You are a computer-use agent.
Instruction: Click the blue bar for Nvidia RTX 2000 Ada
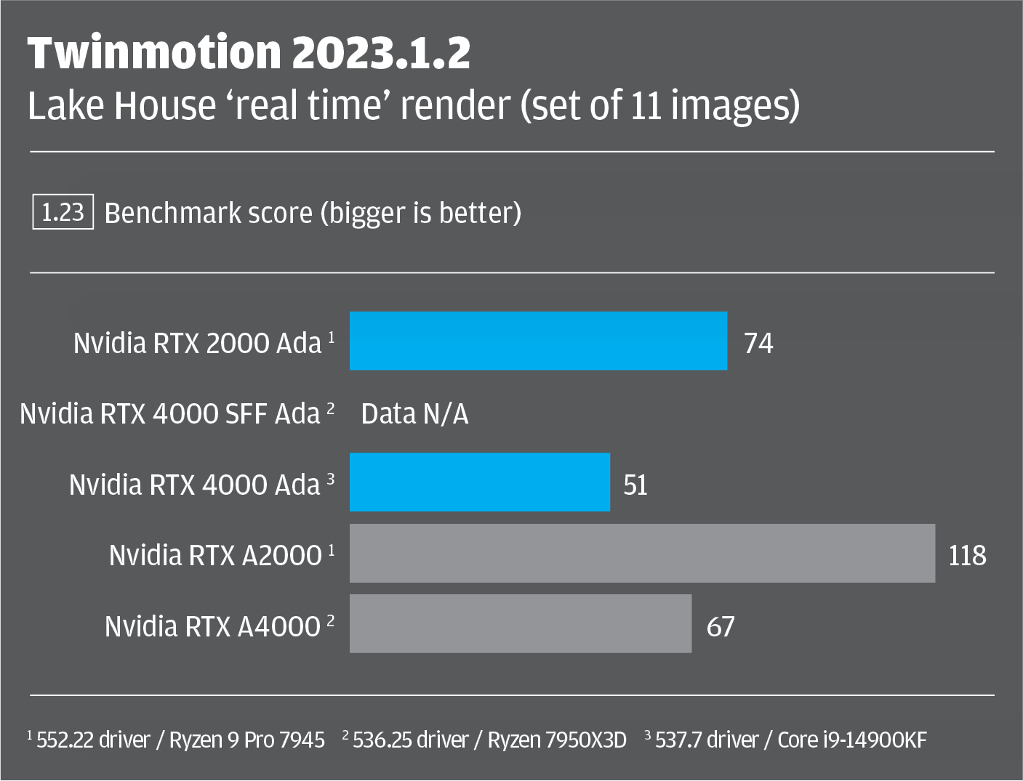(x=538, y=341)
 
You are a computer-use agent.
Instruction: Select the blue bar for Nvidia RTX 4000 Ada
(x=480, y=482)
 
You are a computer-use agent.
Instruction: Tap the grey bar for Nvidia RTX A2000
(x=642, y=553)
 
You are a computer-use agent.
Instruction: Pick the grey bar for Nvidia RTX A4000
(x=521, y=623)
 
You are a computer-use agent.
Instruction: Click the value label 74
(x=758, y=343)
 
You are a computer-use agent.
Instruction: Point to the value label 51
(x=635, y=485)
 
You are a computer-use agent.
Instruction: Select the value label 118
(x=967, y=556)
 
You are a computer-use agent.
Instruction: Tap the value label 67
(x=721, y=626)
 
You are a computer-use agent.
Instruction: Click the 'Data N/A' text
(x=414, y=414)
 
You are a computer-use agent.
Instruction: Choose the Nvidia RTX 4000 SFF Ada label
(x=170, y=414)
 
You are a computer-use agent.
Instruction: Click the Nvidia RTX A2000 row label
(x=215, y=556)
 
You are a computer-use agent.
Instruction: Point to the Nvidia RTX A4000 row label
(x=212, y=626)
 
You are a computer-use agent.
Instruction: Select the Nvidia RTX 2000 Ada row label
(x=197, y=343)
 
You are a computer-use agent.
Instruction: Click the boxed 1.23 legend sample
(x=63, y=212)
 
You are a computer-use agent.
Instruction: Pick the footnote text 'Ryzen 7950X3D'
(x=557, y=740)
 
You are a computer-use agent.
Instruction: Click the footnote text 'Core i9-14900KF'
(x=852, y=740)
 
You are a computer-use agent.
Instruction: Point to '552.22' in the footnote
(x=65, y=740)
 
